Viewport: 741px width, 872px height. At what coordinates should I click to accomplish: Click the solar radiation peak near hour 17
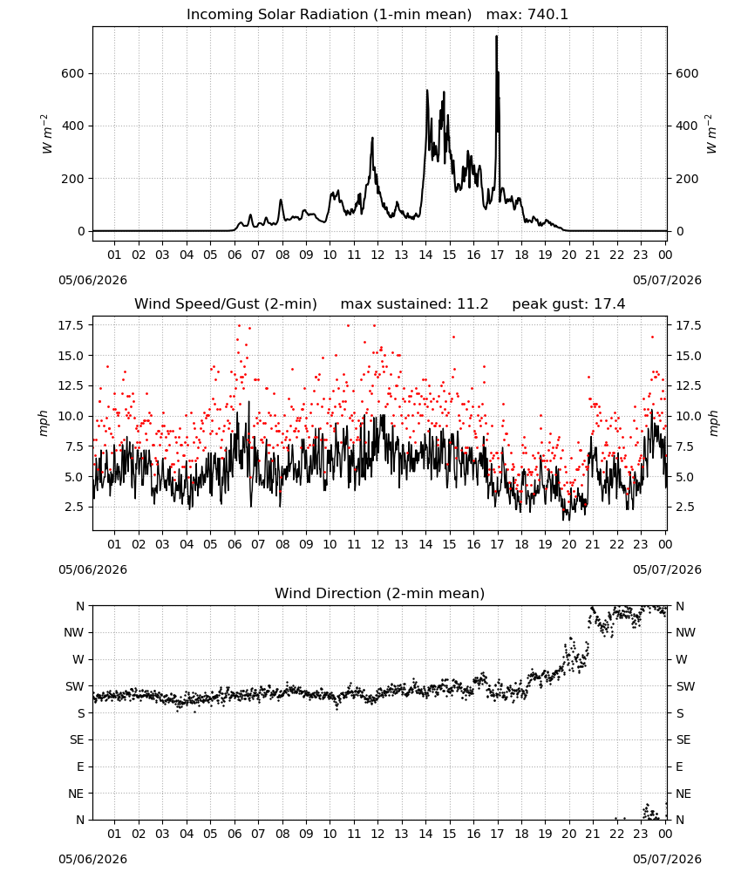point(496,37)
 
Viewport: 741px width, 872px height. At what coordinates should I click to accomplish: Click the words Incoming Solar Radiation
point(277,15)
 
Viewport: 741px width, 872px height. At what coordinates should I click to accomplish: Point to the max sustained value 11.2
point(472,304)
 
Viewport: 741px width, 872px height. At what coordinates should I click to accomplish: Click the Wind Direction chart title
point(380,593)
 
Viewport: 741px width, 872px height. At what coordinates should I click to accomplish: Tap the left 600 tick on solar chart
point(73,73)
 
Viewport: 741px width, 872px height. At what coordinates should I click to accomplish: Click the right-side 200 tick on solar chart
point(687,179)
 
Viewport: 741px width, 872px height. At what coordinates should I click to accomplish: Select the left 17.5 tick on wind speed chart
point(71,325)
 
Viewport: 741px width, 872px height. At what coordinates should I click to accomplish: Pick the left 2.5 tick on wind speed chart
point(74,508)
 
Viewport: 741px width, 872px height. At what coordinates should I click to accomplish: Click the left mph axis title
point(44,423)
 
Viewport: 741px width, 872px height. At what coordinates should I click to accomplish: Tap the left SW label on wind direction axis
point(75,687)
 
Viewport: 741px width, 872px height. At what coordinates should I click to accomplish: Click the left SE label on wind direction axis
point(77,740)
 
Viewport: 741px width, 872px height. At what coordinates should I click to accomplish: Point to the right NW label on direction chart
point(685,633)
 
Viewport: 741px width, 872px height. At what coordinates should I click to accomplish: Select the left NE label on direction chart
point(76,794)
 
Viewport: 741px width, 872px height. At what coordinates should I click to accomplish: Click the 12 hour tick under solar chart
point(377,255)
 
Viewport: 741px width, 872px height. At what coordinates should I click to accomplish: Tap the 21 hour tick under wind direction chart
point(593,835)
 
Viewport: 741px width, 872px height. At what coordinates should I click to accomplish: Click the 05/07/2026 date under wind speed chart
point(667,569)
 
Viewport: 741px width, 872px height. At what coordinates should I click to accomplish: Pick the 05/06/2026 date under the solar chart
point(92,280)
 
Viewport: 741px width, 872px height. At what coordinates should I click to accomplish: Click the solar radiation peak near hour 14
point(427,91)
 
